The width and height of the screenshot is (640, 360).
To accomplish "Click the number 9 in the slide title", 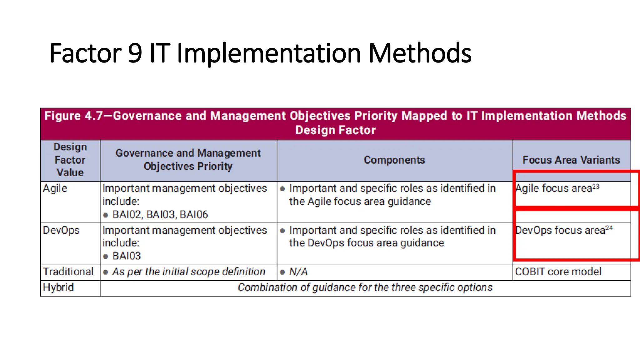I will (135, 53).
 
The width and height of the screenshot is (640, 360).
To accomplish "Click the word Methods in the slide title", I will (420, 53).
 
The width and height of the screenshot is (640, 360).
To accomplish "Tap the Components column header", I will (394, 160).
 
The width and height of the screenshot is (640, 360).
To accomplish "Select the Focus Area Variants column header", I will (571, 160).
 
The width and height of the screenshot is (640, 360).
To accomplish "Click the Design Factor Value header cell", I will (70, 160).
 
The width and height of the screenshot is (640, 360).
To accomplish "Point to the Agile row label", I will (55, 188).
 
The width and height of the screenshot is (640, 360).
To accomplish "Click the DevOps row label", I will (61, 230).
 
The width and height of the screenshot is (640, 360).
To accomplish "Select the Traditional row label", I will (68, 272).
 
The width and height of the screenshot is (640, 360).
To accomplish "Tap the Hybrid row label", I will (58, 287).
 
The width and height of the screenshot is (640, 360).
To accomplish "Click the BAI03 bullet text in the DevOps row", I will (127, 256).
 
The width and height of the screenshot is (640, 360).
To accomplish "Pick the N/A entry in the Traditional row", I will (298, 272).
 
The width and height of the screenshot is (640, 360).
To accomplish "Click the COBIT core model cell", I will (558, 272).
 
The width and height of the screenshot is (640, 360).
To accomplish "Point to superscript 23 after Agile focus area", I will (596, 187).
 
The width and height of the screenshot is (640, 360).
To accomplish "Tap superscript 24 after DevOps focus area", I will (609, 228).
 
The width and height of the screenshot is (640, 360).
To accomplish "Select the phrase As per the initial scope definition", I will (188, 272).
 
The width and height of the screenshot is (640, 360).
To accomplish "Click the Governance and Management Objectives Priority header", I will (188, 160).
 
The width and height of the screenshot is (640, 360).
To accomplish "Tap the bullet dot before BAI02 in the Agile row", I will (106, 215).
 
